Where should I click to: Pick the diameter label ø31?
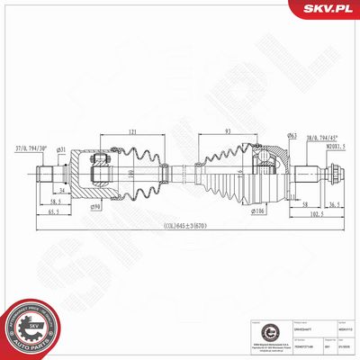pos(62,148)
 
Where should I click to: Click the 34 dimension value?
pos(60,191)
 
